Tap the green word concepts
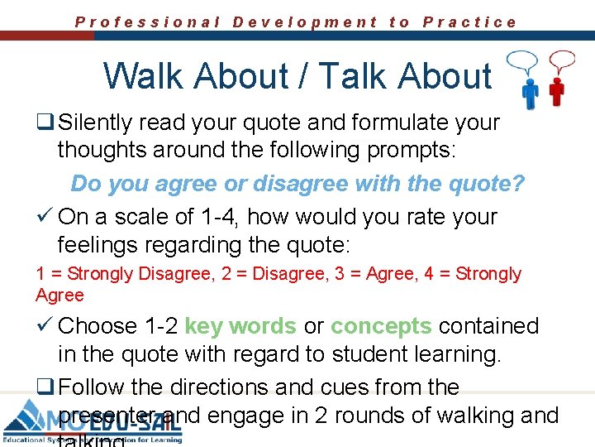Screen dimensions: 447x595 click(381, 326)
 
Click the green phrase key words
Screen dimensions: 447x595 click(240, 326)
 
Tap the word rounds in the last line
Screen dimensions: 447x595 click(400, 416)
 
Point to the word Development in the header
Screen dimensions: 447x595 click(305, 22)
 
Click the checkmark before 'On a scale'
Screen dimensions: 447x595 click(44, 217)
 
